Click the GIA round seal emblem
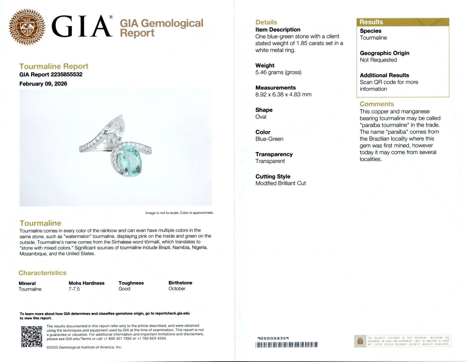[27, 27]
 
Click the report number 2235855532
[67, 74]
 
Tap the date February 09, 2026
[43, 84]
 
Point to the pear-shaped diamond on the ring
[116, 128]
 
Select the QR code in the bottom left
[32, 336]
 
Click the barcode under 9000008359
[286, 345]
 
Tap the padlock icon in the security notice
[360, 341]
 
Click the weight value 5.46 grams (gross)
[278, 72]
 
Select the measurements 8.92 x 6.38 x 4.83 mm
[283, 95]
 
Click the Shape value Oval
[261, 117]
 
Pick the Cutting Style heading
[273, 176]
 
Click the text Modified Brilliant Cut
[280, 183]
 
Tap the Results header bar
[402, 22]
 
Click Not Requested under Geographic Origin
[378, 60]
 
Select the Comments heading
[377, 104]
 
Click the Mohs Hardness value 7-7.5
[74, 289]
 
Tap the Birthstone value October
[177, 288]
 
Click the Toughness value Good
[124, 288]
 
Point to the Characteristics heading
[42, 273]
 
